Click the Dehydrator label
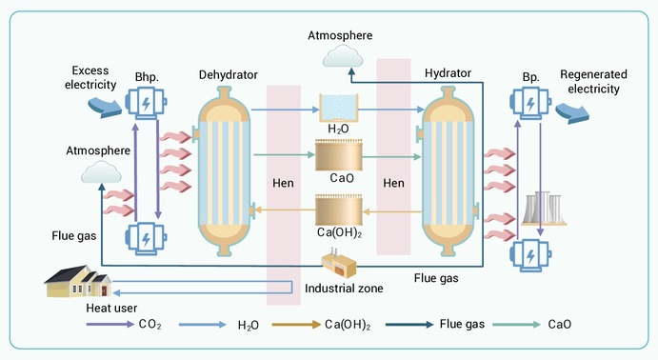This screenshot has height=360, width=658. (229, 75)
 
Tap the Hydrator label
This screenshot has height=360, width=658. (448, 73)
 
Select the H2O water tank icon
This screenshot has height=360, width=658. (339, 108)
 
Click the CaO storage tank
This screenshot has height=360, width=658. (339, 155)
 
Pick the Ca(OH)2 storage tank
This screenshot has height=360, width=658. (339, 210)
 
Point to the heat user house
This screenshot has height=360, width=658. (78, 281)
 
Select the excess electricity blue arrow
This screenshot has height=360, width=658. (105, 107)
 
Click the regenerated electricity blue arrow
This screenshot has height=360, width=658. (572, 113)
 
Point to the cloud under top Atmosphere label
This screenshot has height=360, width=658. (343, 56)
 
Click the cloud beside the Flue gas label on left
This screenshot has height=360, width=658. (101, 172)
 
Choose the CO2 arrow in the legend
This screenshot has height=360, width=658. (110, 325)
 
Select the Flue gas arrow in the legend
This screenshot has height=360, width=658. (409, 325)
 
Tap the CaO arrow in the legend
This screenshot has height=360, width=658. (516, 325)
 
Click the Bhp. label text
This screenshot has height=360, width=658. (147, 77)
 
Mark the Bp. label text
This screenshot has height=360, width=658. (530, 77)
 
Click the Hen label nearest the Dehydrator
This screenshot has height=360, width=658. (283, 184)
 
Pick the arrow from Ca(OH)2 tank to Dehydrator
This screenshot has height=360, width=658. (285, 210)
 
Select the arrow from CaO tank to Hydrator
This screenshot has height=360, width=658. (391, 157)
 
